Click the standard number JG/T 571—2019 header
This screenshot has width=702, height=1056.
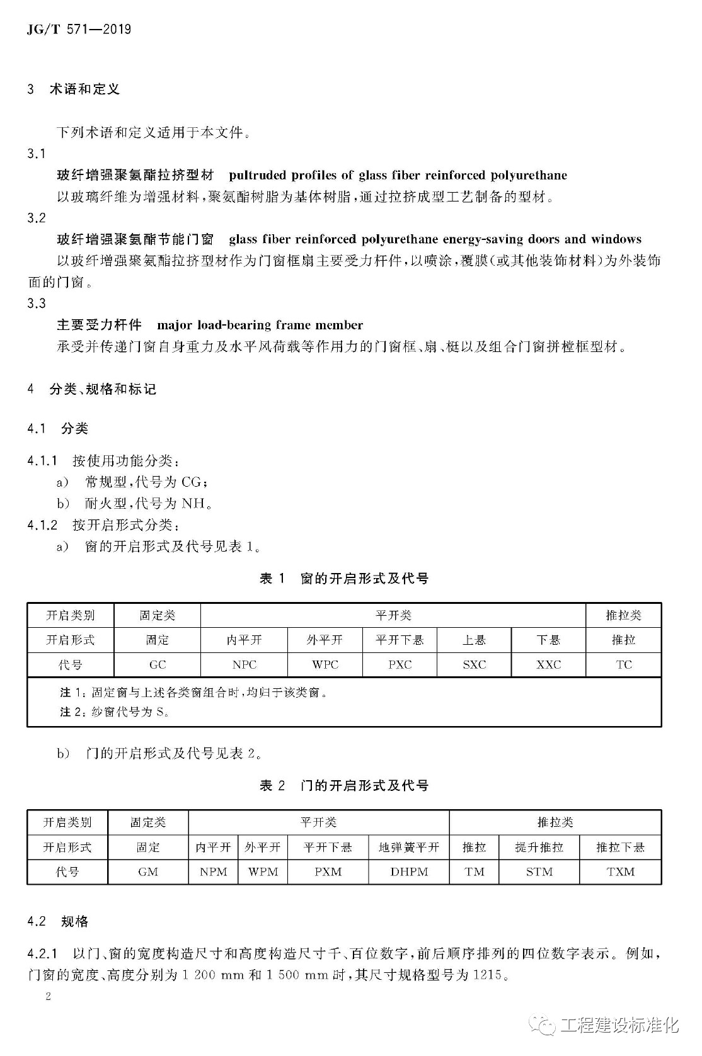79,30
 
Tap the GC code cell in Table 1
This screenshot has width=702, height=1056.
158,664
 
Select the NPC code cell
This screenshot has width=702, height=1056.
244,664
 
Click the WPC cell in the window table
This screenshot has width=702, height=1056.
325,664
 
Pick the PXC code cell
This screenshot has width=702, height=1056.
400,664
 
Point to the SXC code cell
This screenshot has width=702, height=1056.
474,664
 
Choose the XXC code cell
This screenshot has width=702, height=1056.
548,664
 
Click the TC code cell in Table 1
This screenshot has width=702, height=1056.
623,664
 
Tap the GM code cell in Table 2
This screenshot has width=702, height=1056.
148,871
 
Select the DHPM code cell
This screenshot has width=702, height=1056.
409,871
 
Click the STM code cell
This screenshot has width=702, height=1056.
539,871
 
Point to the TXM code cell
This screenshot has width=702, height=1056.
621,871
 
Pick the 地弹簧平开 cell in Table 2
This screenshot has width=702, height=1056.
409,847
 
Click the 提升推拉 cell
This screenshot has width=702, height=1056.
539,847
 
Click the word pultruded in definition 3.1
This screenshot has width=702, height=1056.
260,175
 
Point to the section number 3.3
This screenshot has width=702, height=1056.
37,304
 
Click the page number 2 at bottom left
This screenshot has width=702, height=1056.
48,996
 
